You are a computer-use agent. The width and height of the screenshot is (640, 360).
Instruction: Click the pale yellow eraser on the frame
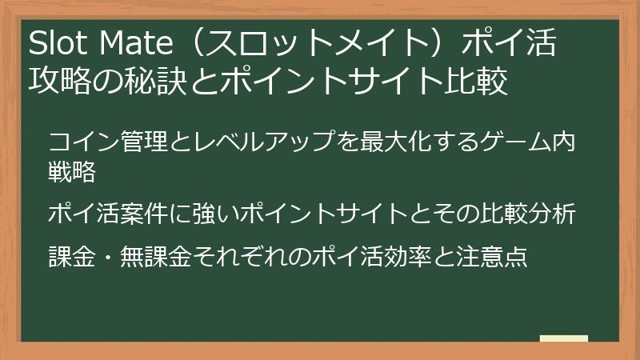(563, 338)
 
